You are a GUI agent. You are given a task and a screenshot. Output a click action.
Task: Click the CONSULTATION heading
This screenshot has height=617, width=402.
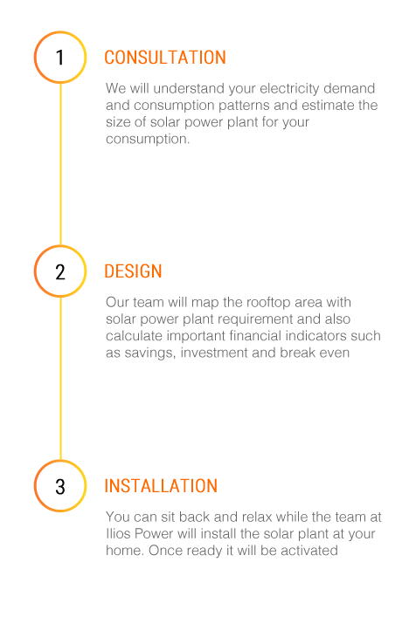pyautogui.click(x=165, y=58)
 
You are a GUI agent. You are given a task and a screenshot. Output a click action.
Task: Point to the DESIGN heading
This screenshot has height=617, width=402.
pyautogui.click(x=133, y=271)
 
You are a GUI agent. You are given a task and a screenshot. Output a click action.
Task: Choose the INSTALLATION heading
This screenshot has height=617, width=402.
pyautogui.click(x=161, y=486)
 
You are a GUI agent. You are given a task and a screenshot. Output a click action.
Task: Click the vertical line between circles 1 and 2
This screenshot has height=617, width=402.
pyautogui.click(x=60, y=164)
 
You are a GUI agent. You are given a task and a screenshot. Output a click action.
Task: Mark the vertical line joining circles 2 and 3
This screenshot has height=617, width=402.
pyautogui.click(x=60, y=379)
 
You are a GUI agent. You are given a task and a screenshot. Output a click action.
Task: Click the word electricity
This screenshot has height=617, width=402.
pyautogui.click(x=289, y=89)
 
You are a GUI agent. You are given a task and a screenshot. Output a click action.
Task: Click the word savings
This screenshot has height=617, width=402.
pyautogui.click(x=149, y=353)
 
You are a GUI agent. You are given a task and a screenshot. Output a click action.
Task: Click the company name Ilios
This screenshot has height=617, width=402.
pyautogui.click(x=118, y=533)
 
